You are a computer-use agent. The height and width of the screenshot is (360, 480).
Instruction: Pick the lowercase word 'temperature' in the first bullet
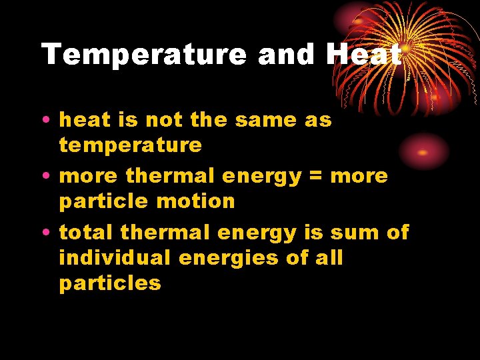(130, 145)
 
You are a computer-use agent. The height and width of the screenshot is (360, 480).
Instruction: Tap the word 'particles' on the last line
(110, 283)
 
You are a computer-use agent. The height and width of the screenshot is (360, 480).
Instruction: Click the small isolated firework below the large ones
(423, 151)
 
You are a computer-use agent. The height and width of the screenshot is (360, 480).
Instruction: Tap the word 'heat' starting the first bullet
(85, 120)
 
